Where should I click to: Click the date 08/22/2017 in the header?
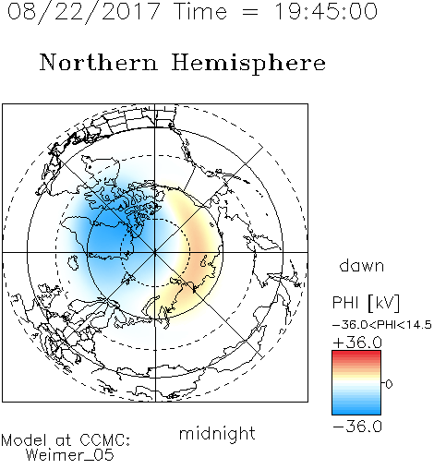pos(84,11)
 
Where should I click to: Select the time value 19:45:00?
pos(326,11)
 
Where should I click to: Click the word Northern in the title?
pos(99,62)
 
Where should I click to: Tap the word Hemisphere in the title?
pos(248,64)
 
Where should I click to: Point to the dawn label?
pos(362,265)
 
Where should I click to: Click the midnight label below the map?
pos(217,434)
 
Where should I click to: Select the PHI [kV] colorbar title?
pos(366,303)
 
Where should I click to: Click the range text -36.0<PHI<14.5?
pos(382,325)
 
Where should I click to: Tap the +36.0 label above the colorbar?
pos(357,343)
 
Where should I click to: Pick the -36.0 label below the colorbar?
pos(357,427)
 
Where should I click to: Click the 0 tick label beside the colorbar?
pos(389,384)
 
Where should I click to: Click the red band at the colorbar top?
pos(356,354)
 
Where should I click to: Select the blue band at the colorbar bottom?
pos(356,411)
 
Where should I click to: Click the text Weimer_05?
pos(70,455)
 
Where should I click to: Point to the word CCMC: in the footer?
pos(105,440)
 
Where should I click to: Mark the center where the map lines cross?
pos(155,252)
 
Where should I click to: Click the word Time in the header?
pos(200,11)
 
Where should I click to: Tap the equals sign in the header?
pos(249,12)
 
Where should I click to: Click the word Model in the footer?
pos(24,440)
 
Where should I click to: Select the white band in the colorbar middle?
pos(356,383)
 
